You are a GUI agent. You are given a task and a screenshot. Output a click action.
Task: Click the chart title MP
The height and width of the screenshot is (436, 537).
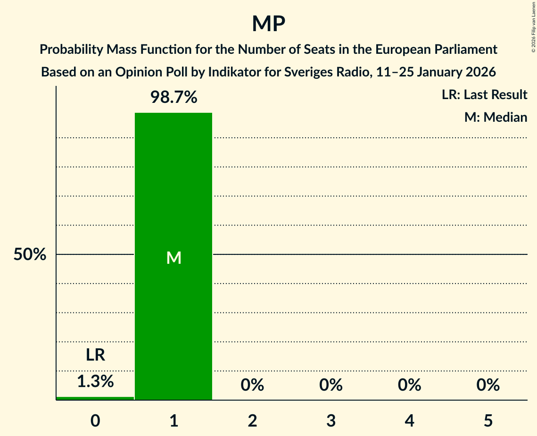tap(268, 24)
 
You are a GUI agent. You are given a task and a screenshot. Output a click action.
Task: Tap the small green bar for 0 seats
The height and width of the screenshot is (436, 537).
tap(95, 398)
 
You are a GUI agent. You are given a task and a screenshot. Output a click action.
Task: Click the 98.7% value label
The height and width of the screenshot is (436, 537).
tap(173, 98)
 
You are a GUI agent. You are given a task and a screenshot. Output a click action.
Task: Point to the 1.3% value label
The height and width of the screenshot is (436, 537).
tap(95, 381)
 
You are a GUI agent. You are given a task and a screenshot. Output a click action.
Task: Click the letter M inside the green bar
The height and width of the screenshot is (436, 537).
tap(173, 258)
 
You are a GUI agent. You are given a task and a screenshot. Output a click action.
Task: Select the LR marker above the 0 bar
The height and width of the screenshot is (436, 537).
tap(95, 355)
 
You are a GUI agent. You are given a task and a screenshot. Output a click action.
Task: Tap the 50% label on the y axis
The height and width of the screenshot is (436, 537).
tap(30, 255)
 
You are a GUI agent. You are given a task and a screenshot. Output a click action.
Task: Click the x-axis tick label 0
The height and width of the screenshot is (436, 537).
tap(95, 420)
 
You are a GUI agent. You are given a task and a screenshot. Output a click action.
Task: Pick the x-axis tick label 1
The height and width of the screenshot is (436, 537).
tap(173, 420)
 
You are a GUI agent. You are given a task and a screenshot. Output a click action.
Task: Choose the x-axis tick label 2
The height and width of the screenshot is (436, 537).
tap(252, 420)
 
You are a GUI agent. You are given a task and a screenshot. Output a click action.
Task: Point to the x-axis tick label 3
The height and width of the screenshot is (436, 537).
tap(331, 420)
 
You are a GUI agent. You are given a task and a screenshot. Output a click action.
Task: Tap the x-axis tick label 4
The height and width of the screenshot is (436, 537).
tap(409, 420)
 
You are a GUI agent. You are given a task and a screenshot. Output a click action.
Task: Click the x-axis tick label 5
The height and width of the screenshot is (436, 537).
tap(488, 420)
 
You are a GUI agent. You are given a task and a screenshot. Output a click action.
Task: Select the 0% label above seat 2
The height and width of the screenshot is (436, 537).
tap(252, 385)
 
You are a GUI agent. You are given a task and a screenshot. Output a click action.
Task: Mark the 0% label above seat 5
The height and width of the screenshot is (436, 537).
tap(488, 385)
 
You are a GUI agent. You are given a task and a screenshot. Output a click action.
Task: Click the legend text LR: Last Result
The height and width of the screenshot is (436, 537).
tap(484, 95)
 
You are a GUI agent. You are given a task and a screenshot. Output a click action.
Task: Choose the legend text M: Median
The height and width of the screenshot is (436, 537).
tap(496, 117)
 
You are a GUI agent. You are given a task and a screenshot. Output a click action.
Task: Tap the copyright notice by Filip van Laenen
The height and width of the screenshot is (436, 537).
tap(533, 28)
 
